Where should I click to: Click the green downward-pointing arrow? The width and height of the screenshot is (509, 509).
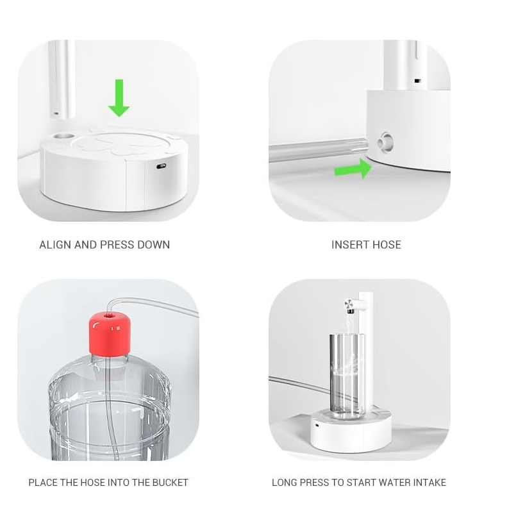pos(119,97)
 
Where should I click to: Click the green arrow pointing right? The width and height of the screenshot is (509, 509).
pos(353,168)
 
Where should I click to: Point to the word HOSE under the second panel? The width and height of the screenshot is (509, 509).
pos(387,245)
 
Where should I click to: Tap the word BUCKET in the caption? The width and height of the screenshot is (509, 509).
pos(170,483)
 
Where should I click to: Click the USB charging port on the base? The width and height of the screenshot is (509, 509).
pos(161,167)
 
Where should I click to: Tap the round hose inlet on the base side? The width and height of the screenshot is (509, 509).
pos(386,142)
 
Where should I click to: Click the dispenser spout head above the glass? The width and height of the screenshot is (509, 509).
pos(351,306)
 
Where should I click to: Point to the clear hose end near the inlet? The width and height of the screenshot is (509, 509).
pos(364,147)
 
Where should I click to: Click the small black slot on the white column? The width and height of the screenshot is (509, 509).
pos(417,81)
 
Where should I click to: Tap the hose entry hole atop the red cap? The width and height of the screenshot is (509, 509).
pos(110,314)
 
